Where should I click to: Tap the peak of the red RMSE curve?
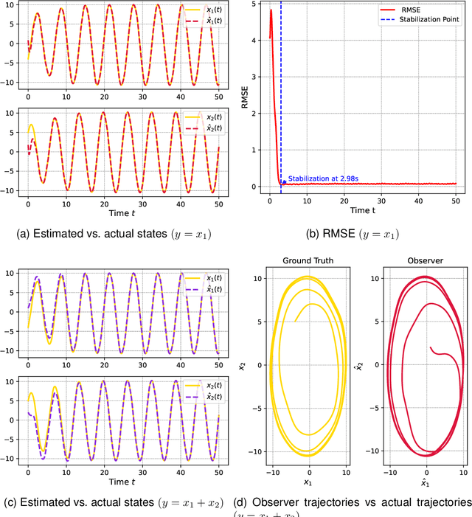coord(271,10)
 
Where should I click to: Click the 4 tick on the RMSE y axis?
coord(255,40)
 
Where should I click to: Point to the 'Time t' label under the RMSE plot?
coord(363,211)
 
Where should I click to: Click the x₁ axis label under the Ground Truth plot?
coord(310,483)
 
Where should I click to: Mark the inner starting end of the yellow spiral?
coord(294,321)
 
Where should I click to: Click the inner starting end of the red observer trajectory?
coord(430,347)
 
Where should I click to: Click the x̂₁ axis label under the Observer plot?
coord(426,483)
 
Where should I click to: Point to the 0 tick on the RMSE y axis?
coord(255,187)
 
